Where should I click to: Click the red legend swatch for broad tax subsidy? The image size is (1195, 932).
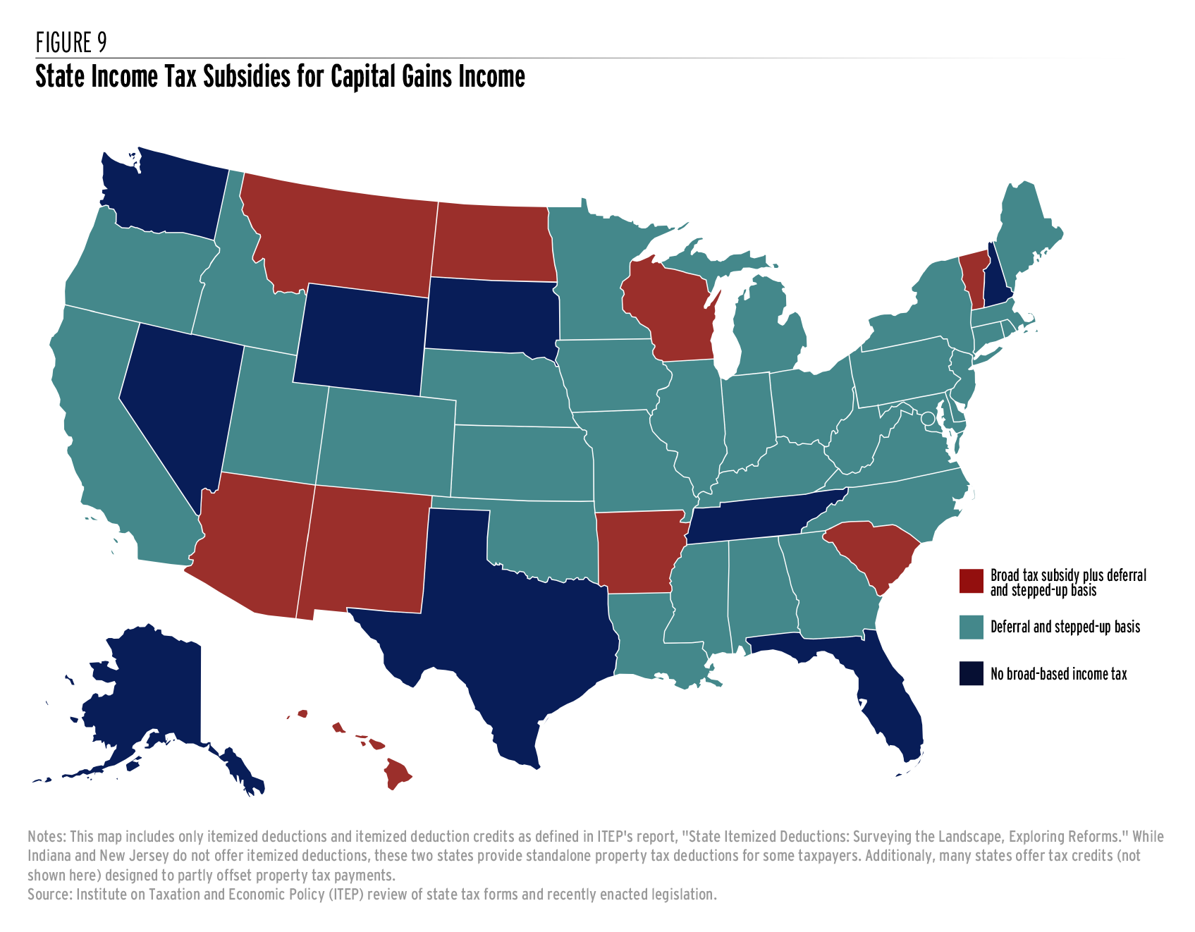pyautogui.click(x=971, y=582)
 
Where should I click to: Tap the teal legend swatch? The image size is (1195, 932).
pyautogui.click(x=971, y=627)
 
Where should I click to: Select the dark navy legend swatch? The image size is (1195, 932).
pyautogui.click(x=971, y=673)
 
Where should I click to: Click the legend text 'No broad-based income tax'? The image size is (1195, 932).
pyautogui.click(x=1058, y=674)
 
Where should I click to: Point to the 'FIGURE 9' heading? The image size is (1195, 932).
pyautogui.click(x=71, y=43)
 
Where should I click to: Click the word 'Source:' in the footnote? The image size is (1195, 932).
pyautogui.click(x=49, y=895)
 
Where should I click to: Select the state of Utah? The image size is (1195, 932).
pyautogui.click(x=271, y=416)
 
